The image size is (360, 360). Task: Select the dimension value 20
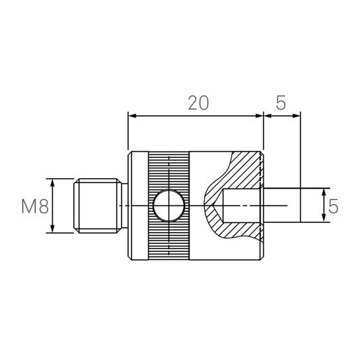coord(198,103)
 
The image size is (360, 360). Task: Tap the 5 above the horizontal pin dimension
coord(280,103)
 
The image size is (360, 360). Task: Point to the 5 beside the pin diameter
coord(333,206)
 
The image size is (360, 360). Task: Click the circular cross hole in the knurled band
coord(168,206)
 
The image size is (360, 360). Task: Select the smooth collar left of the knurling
coord(138,206)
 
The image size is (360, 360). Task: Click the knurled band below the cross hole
coord(168,241)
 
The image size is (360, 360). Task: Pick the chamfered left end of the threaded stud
coord(75,206)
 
